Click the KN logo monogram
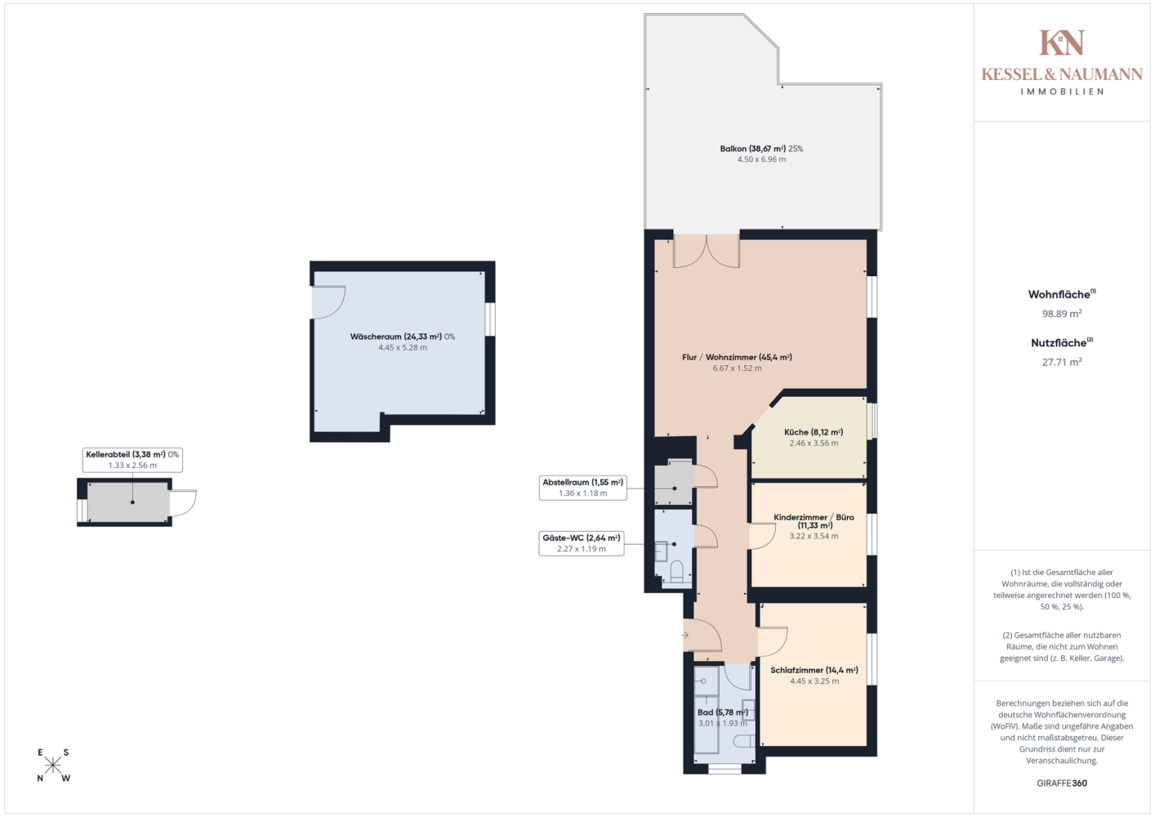coord(1062,42)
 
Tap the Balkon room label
coord(761,149)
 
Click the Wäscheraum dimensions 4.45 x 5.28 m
coord(402,348)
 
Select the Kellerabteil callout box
coord(132,459)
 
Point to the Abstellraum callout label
coord(582,488)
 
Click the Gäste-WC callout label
coord(581,543)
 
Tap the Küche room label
coord(813,432)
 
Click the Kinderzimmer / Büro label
coord(814,521)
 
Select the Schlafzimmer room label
coord(814,670)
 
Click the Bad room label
coord(722,712)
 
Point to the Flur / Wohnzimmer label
coord(737,357)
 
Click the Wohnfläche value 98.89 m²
coord(1062,313)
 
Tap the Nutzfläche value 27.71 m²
coord(1062,362)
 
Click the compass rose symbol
coord(52,766)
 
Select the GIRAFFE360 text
coord(1062,783)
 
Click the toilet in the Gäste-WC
coord(676,573)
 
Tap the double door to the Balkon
coord(707,251)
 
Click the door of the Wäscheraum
coord(328,303)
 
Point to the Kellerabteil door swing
coord(183,502)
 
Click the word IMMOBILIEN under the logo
coord(1062,92)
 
